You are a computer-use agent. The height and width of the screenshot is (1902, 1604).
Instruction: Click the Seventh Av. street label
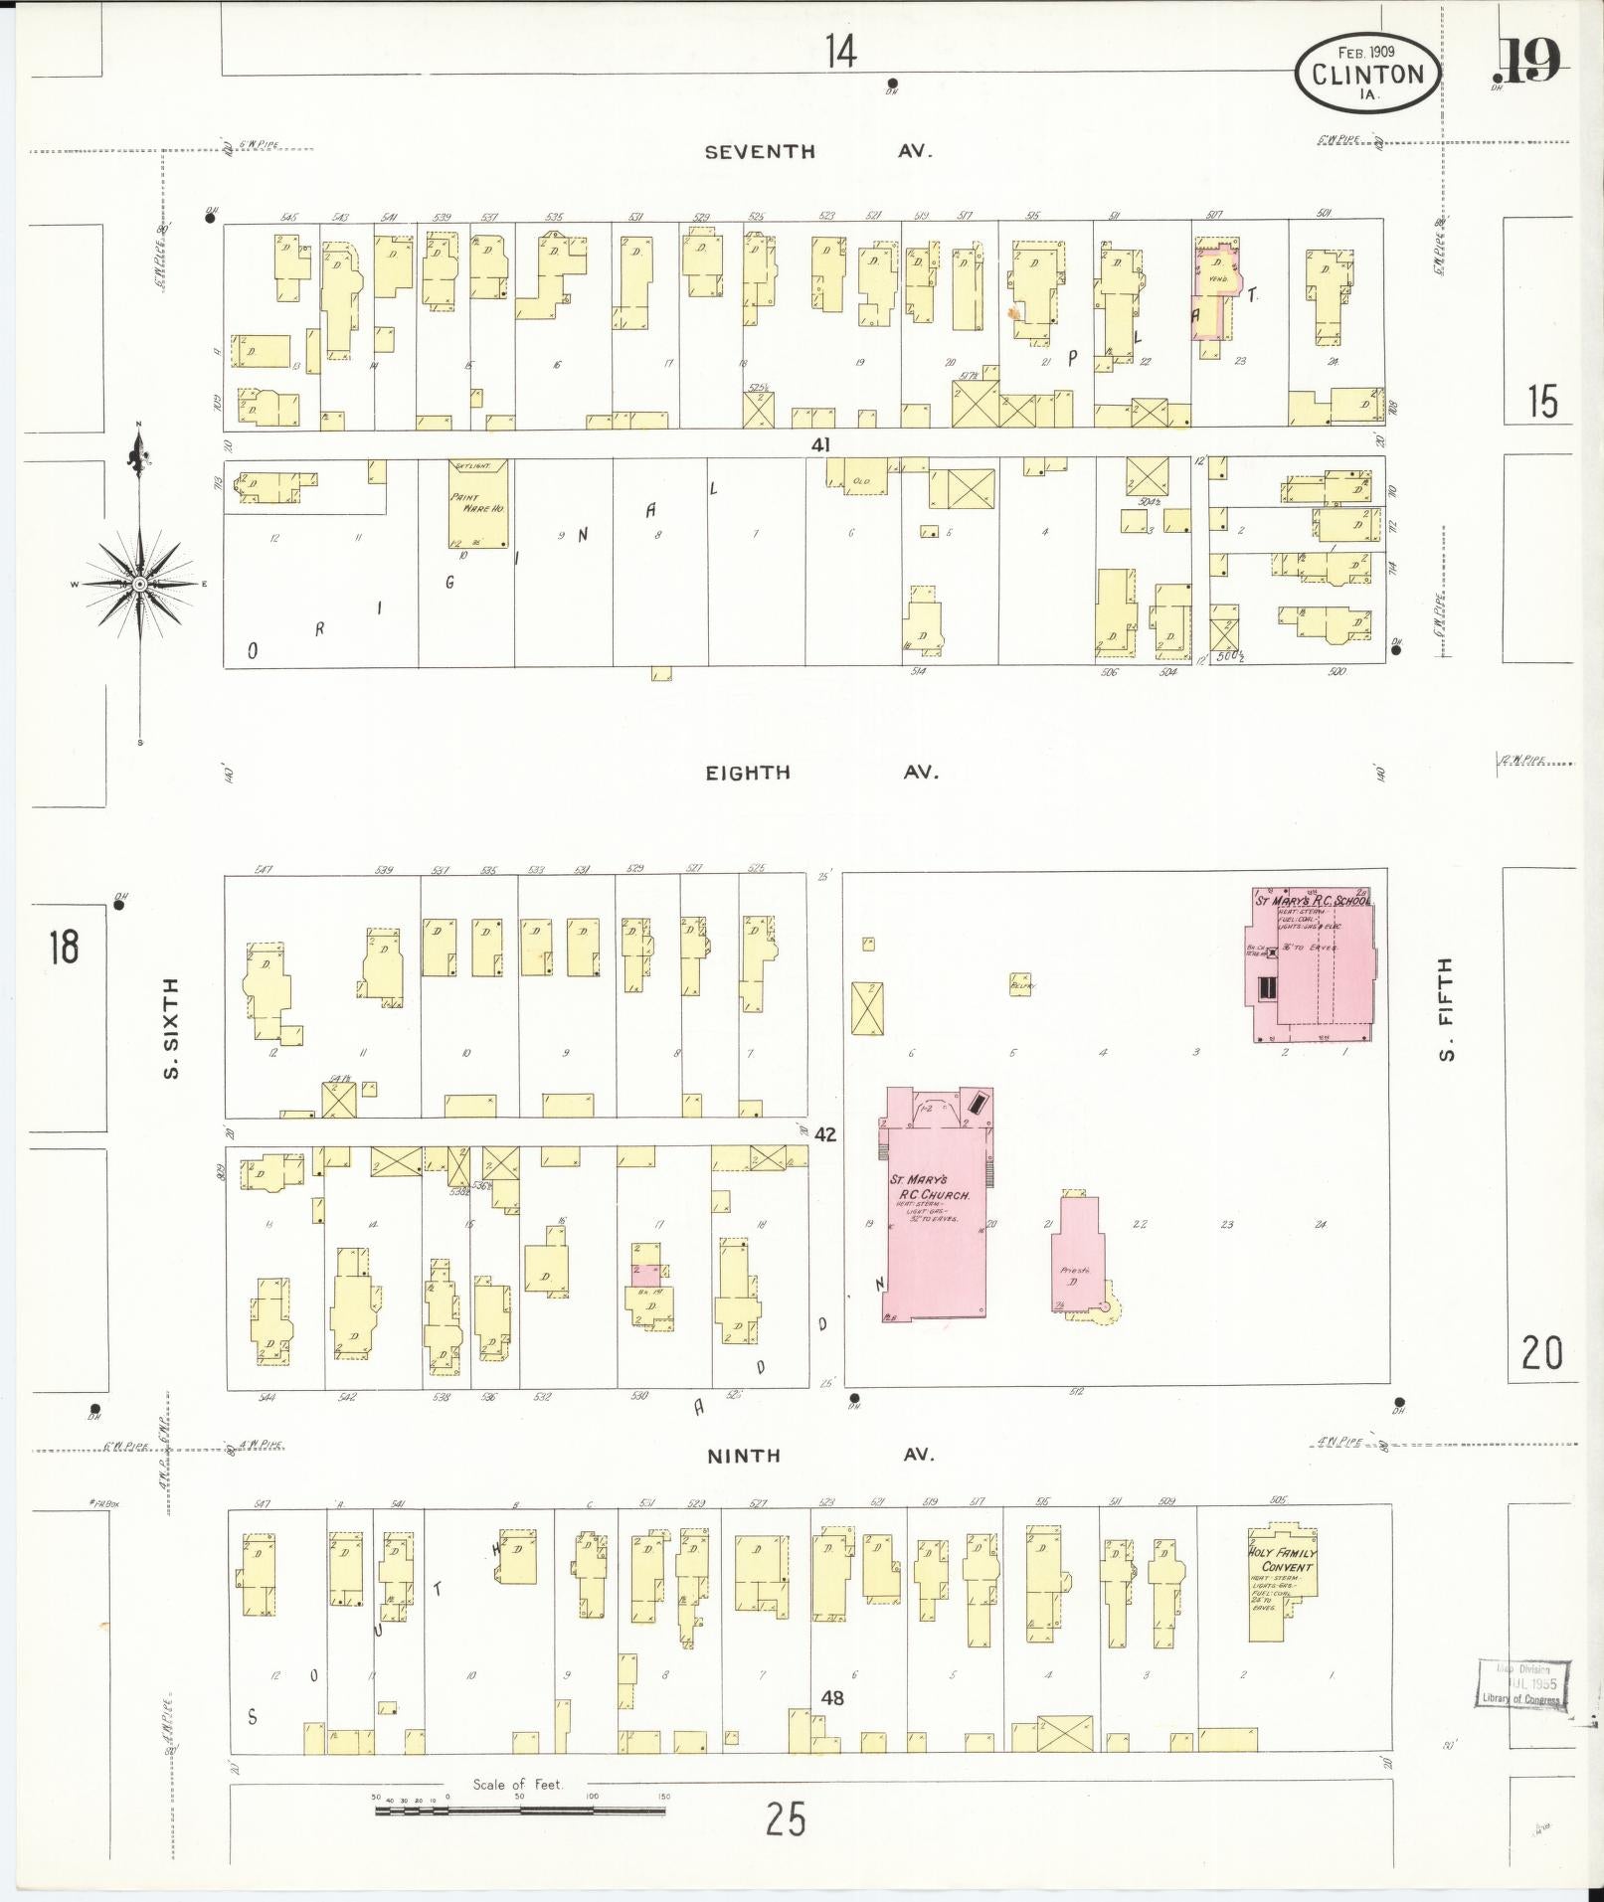pyautogui.click(x=817, y=151)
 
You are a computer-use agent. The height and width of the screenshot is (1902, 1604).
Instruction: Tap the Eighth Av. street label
pyautogui.click(x=821, y=773)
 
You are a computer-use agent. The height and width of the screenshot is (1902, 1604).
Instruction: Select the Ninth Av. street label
pyautogui.click(x=821, y=1456)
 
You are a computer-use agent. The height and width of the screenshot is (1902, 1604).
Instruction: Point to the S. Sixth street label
pyautogui.click(x=171, y=1028)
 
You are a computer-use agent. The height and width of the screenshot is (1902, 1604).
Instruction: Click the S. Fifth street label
pyautogui.click(x=1446, y=1008)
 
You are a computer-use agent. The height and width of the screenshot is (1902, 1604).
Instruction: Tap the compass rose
pyautogui.click(x=140, y=584)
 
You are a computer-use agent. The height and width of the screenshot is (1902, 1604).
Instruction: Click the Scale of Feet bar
pyautogui.click(x=520, y=1810)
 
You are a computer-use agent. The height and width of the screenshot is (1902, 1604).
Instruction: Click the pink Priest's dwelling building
pyautogui.click(x=1078, y=1253)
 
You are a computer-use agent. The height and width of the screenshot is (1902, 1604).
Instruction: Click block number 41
pyautogui.click(x=819, y=444)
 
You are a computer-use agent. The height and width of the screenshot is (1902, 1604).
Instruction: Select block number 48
pyautogui.click(x=832, y=1698)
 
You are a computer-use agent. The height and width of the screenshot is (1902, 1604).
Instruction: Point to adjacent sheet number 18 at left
pyautogui.click(x=63, y=946)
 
